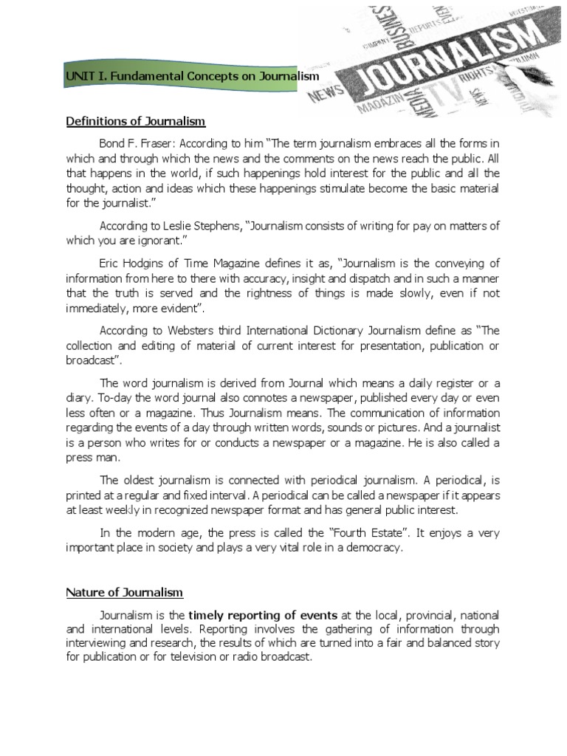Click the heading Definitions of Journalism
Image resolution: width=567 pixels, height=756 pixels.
coord(136,121)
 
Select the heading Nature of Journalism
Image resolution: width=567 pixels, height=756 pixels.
coord(125,592)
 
